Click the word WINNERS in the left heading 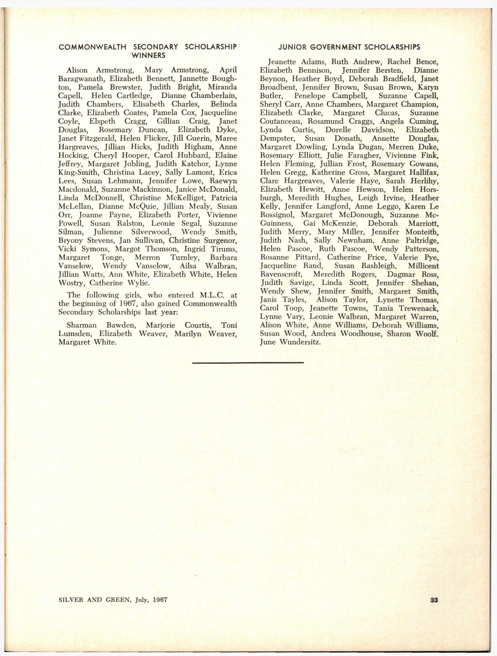(x=148, y=55)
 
